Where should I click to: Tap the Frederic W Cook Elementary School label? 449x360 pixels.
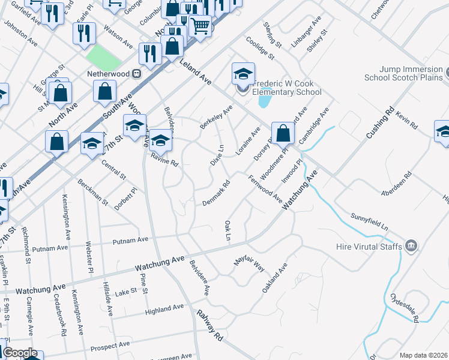coord(287,88)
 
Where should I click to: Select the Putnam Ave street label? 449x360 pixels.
coord(132,240)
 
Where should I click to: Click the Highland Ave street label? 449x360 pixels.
coord(164,310)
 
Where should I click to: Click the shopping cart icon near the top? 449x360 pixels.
coord(200,26)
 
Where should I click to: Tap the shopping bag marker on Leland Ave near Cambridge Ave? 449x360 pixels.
coord(283,133)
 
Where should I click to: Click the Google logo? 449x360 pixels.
coord(20,353)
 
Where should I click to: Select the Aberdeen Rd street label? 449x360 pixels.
coord(396,184)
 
